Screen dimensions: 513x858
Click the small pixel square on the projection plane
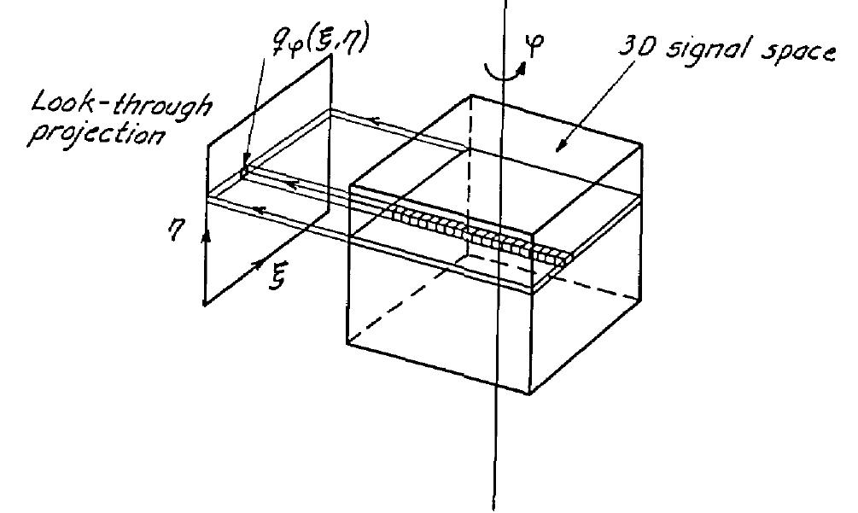244,171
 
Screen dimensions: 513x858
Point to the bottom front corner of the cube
527,393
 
